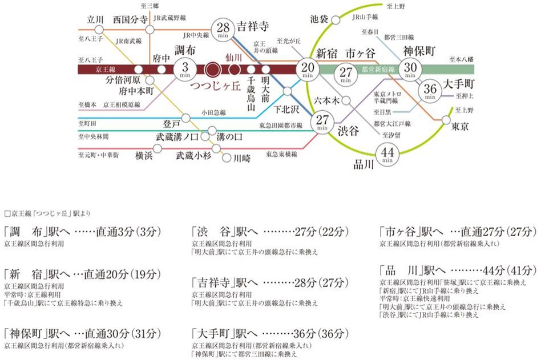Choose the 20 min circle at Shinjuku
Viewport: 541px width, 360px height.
pos(308,69)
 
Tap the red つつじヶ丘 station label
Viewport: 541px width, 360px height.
pos(211,86)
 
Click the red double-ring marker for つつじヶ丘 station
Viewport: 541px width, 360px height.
pos(213,70)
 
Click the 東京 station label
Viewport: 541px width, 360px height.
pos(459,126)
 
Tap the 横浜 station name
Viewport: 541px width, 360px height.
pos(143,156)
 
